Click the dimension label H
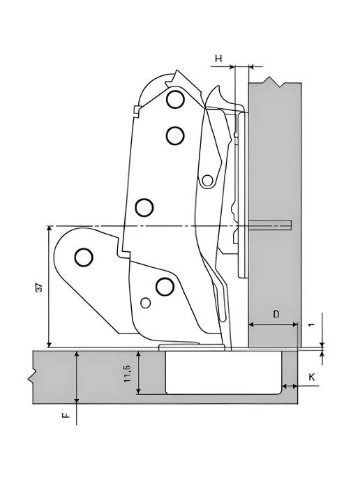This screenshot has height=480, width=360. pos(218,58)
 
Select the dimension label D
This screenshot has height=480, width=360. pos(276,314)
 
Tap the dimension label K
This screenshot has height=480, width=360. pos(311,377)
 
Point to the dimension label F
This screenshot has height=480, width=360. pos(66,415)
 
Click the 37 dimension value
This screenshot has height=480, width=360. pos(40,288)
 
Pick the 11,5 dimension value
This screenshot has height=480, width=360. pos(128,373)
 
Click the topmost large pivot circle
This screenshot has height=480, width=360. pos(175,99)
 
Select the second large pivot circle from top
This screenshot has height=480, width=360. pos(175,135)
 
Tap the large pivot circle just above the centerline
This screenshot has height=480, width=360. pos(144,208)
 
